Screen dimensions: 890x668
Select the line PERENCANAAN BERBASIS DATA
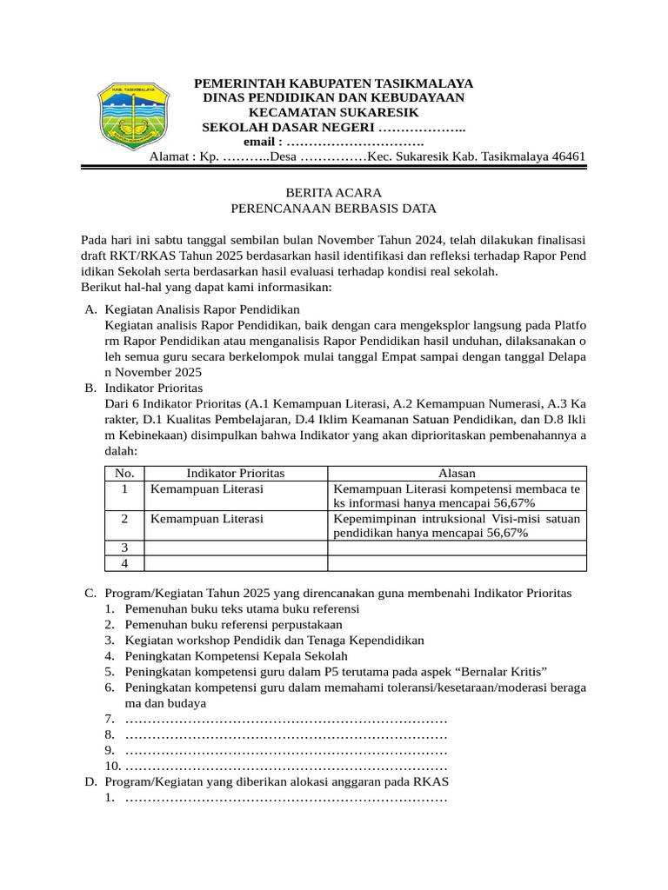(333, 209)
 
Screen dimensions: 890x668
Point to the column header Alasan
(457, 473)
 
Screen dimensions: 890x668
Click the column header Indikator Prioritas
(236, 473)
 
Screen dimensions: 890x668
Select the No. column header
(124, 473)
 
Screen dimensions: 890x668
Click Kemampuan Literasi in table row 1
(207, 489)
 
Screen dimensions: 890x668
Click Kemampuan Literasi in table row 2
(207, 519)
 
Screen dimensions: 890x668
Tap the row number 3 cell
(124, 548)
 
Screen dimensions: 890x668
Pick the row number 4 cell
(124, 563)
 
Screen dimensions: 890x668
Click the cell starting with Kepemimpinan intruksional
(457, 526)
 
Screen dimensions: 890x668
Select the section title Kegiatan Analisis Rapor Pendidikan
(202, 309)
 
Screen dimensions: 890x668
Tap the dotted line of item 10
(286, 767)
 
